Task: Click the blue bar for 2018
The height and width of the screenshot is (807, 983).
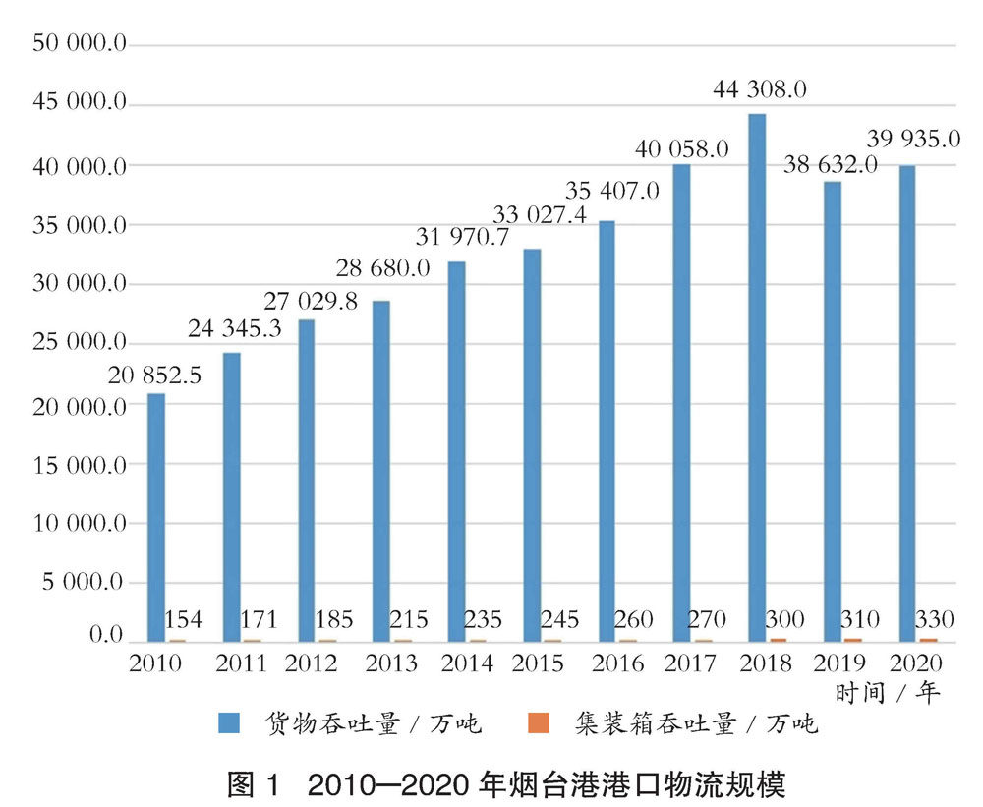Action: click(757, 377)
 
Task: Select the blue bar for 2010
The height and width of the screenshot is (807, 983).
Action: click(156, 517)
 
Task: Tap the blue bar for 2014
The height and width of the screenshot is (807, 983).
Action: click(457, 451)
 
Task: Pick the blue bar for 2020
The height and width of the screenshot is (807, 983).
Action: click(907, 403)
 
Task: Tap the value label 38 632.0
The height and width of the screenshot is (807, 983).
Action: click(829, 165)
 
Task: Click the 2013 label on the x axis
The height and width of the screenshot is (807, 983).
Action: click(391, 663)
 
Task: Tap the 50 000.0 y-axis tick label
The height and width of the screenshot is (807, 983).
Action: click(79, 44)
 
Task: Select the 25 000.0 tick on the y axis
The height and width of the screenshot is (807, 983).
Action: click(79, 344)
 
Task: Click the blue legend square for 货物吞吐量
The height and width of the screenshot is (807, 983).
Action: click(231, 725)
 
